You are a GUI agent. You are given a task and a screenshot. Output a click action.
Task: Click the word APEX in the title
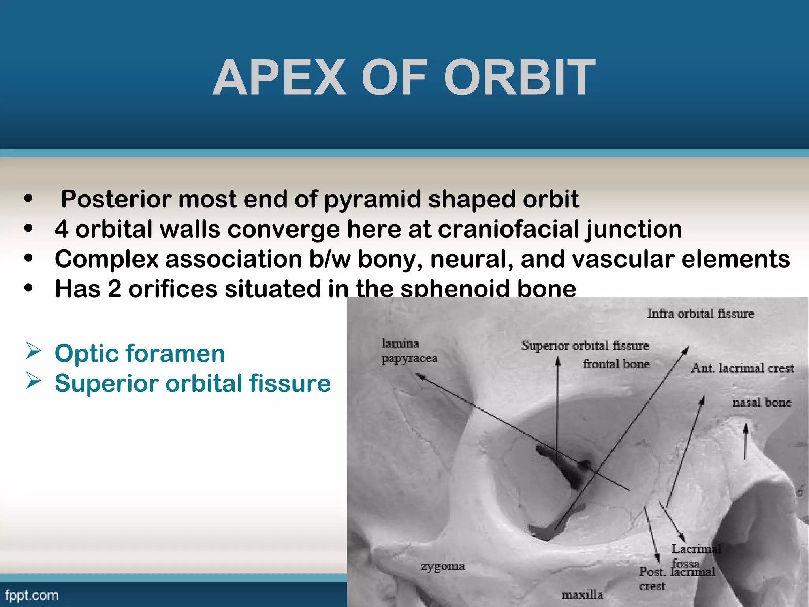(x=280, y=78)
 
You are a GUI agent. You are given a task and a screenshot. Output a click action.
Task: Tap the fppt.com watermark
(x=32, y=595)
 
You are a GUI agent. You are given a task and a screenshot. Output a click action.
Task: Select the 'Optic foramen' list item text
(x=140, y=353)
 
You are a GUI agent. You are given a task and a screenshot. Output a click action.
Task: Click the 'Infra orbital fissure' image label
(x=700, y=314)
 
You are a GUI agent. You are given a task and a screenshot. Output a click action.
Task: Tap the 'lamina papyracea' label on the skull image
(x=409, y=351)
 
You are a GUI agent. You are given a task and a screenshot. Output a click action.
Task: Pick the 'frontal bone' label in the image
(x=616, y=364)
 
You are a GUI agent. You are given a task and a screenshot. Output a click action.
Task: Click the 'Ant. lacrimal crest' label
(x=742, y=368)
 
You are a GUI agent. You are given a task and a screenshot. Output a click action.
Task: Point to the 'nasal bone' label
(x=762, y=403)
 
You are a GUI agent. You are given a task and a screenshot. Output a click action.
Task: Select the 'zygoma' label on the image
(x=442, y=566)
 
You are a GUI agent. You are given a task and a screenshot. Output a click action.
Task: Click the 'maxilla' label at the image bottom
(x=582, y=595)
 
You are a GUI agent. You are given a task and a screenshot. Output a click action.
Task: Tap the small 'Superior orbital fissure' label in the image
(x=585, y=345)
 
